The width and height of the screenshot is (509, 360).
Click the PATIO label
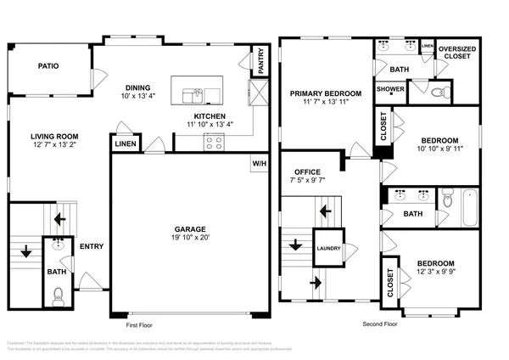(x=48, y=65)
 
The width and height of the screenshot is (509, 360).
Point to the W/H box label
(x=259, y=162)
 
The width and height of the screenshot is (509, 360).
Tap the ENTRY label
(x=92, y=247)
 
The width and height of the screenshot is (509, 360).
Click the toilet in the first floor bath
(x=57, y=295)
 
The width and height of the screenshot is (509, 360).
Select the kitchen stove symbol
(x=215, y=143)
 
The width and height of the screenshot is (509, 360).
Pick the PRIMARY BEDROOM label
(x=326, y=93)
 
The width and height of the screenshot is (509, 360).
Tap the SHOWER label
(x=390, y=88)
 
